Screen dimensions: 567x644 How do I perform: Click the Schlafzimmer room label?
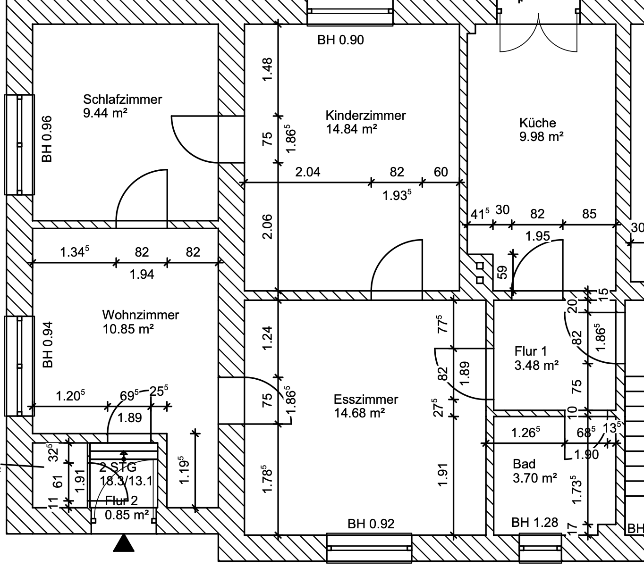pos(122,100)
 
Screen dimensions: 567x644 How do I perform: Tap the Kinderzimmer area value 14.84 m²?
pos(351,129)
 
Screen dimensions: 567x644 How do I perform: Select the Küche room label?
pos(538,123)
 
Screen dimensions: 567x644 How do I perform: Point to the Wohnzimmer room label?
pos(140,315)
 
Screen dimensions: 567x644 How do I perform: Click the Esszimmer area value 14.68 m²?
pos(359,413)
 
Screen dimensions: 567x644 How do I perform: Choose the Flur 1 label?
pos(531,351)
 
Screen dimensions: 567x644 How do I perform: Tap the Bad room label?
pos(524,464)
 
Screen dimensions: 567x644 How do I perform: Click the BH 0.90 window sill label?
pos(340,40)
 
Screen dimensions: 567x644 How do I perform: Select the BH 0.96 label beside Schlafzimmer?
pos(47,139)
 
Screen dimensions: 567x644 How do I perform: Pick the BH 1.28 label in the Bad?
pos(534,523)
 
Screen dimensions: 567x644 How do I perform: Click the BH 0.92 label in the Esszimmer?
pos(371,524)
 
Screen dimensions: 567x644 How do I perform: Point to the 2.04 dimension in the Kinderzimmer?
pos(308,172)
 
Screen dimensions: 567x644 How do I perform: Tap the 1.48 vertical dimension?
pos(267,69)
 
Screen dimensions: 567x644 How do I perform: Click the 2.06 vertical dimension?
pos(267,227)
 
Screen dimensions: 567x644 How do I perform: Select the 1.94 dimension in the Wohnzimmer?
pos(142,274)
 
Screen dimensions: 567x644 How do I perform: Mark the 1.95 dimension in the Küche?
pos(538,236)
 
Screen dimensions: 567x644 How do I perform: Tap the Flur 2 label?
pos(121,501)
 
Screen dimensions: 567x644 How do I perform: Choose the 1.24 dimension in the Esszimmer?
pos(267,338)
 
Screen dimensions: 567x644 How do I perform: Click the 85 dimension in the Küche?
pos(589,214)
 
